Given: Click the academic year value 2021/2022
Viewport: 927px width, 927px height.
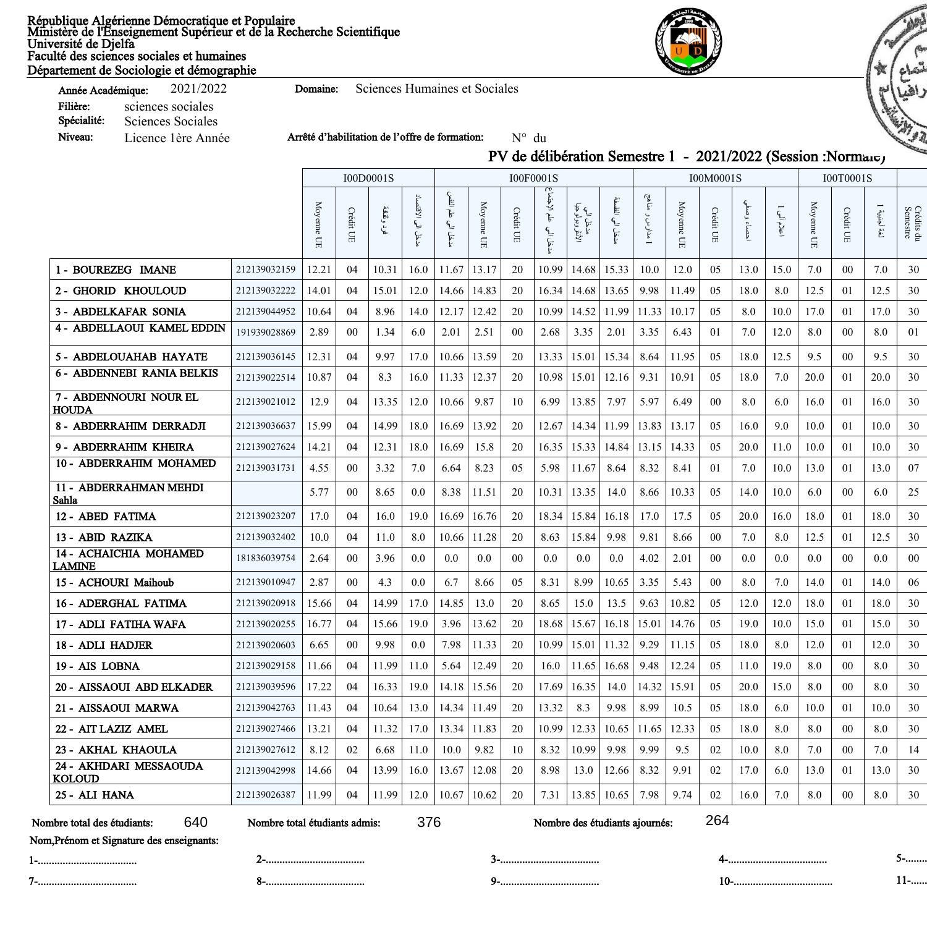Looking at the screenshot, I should [198, 89].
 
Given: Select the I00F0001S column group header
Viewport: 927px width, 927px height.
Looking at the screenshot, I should [533, 178].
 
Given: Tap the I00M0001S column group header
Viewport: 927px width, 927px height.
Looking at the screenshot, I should [715, 178].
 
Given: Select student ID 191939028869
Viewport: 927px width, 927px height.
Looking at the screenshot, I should [266, 332].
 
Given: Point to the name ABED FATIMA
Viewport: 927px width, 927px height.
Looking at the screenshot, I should [117, 517].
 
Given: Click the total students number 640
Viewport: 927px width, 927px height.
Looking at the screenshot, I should [195, 822].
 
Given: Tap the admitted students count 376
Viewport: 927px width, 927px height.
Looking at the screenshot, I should [429, 822].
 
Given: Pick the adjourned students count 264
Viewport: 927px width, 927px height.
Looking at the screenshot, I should [717, 821].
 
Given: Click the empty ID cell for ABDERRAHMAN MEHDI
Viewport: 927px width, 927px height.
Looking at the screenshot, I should [266, 493].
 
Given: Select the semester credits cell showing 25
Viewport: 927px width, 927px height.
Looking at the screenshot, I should [913, 493].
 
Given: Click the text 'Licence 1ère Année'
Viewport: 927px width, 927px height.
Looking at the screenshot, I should [177, 138].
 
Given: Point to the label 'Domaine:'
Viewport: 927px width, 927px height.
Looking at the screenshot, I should [316, 90].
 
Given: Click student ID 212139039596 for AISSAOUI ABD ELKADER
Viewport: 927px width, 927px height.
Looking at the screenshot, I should [266, 687].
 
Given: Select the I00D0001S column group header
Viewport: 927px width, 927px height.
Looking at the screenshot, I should [368, 178].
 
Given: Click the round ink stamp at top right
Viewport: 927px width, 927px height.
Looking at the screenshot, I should [899, 80].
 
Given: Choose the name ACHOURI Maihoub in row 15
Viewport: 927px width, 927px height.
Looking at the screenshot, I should [125, 583].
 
